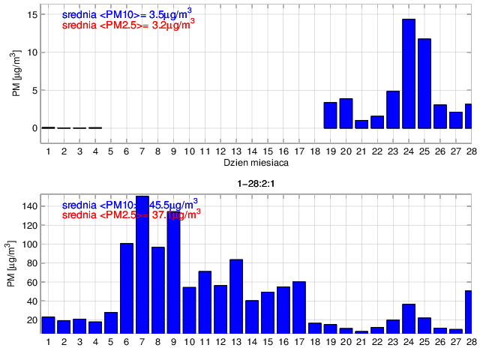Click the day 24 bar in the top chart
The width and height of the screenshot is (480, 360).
409,73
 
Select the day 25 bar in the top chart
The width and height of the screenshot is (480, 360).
424,83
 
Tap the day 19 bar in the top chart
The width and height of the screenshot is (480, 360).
330,115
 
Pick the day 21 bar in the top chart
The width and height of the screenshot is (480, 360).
361,124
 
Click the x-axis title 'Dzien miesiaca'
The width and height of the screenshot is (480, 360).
252,162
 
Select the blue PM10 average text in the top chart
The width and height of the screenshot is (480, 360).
128,13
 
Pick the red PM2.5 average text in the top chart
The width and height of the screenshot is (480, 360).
128,24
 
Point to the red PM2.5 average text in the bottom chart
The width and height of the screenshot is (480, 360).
131,214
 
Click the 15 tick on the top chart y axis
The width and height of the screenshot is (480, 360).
34,14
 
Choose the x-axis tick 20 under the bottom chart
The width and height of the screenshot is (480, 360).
346,343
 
